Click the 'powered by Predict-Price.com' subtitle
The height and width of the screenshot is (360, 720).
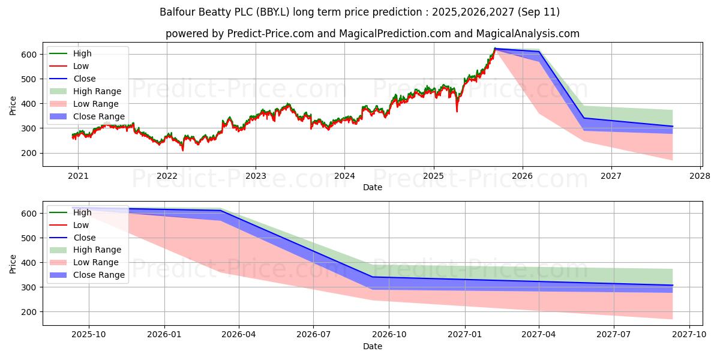coord(372,34)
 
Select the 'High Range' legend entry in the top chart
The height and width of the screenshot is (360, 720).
coord(97,91)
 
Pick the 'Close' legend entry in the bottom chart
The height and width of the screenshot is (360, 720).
coord(84,238)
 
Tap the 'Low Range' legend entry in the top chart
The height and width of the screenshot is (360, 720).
coord(95,104)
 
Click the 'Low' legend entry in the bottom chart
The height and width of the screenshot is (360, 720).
coord(80,225)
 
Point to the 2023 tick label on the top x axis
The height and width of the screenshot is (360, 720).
coord(256,176)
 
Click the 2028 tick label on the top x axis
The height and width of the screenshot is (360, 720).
coord(700,176)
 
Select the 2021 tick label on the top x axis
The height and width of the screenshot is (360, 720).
coord(77,176)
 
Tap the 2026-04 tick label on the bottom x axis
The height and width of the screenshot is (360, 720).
coord(239,335)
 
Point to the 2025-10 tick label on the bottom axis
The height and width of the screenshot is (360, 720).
coord(89,335)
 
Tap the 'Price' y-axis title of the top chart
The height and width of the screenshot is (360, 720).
coord(13,106)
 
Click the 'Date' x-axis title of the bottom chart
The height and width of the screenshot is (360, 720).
coord(372,346)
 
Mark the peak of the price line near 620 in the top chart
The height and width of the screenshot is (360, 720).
coord(495,49)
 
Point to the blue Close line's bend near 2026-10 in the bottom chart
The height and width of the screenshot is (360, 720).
coord(373,277)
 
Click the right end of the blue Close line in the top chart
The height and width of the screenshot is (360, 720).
coord(673,127)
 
